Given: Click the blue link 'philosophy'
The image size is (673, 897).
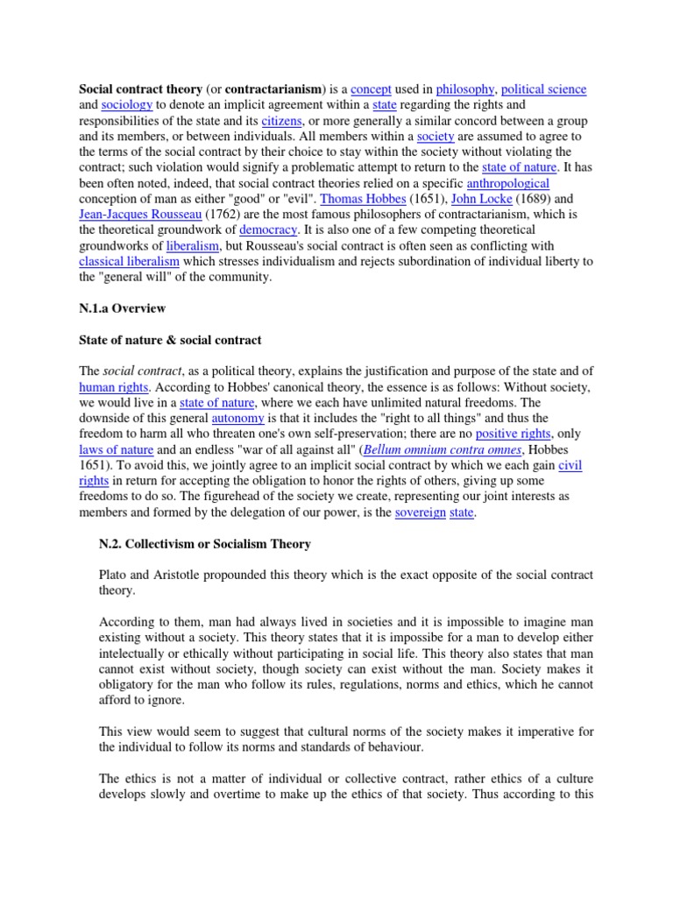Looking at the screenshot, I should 464,89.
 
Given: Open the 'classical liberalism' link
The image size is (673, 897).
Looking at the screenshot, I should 129,263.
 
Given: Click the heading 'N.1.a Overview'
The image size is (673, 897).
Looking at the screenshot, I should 122,309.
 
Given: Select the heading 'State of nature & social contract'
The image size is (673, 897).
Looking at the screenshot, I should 170,340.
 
